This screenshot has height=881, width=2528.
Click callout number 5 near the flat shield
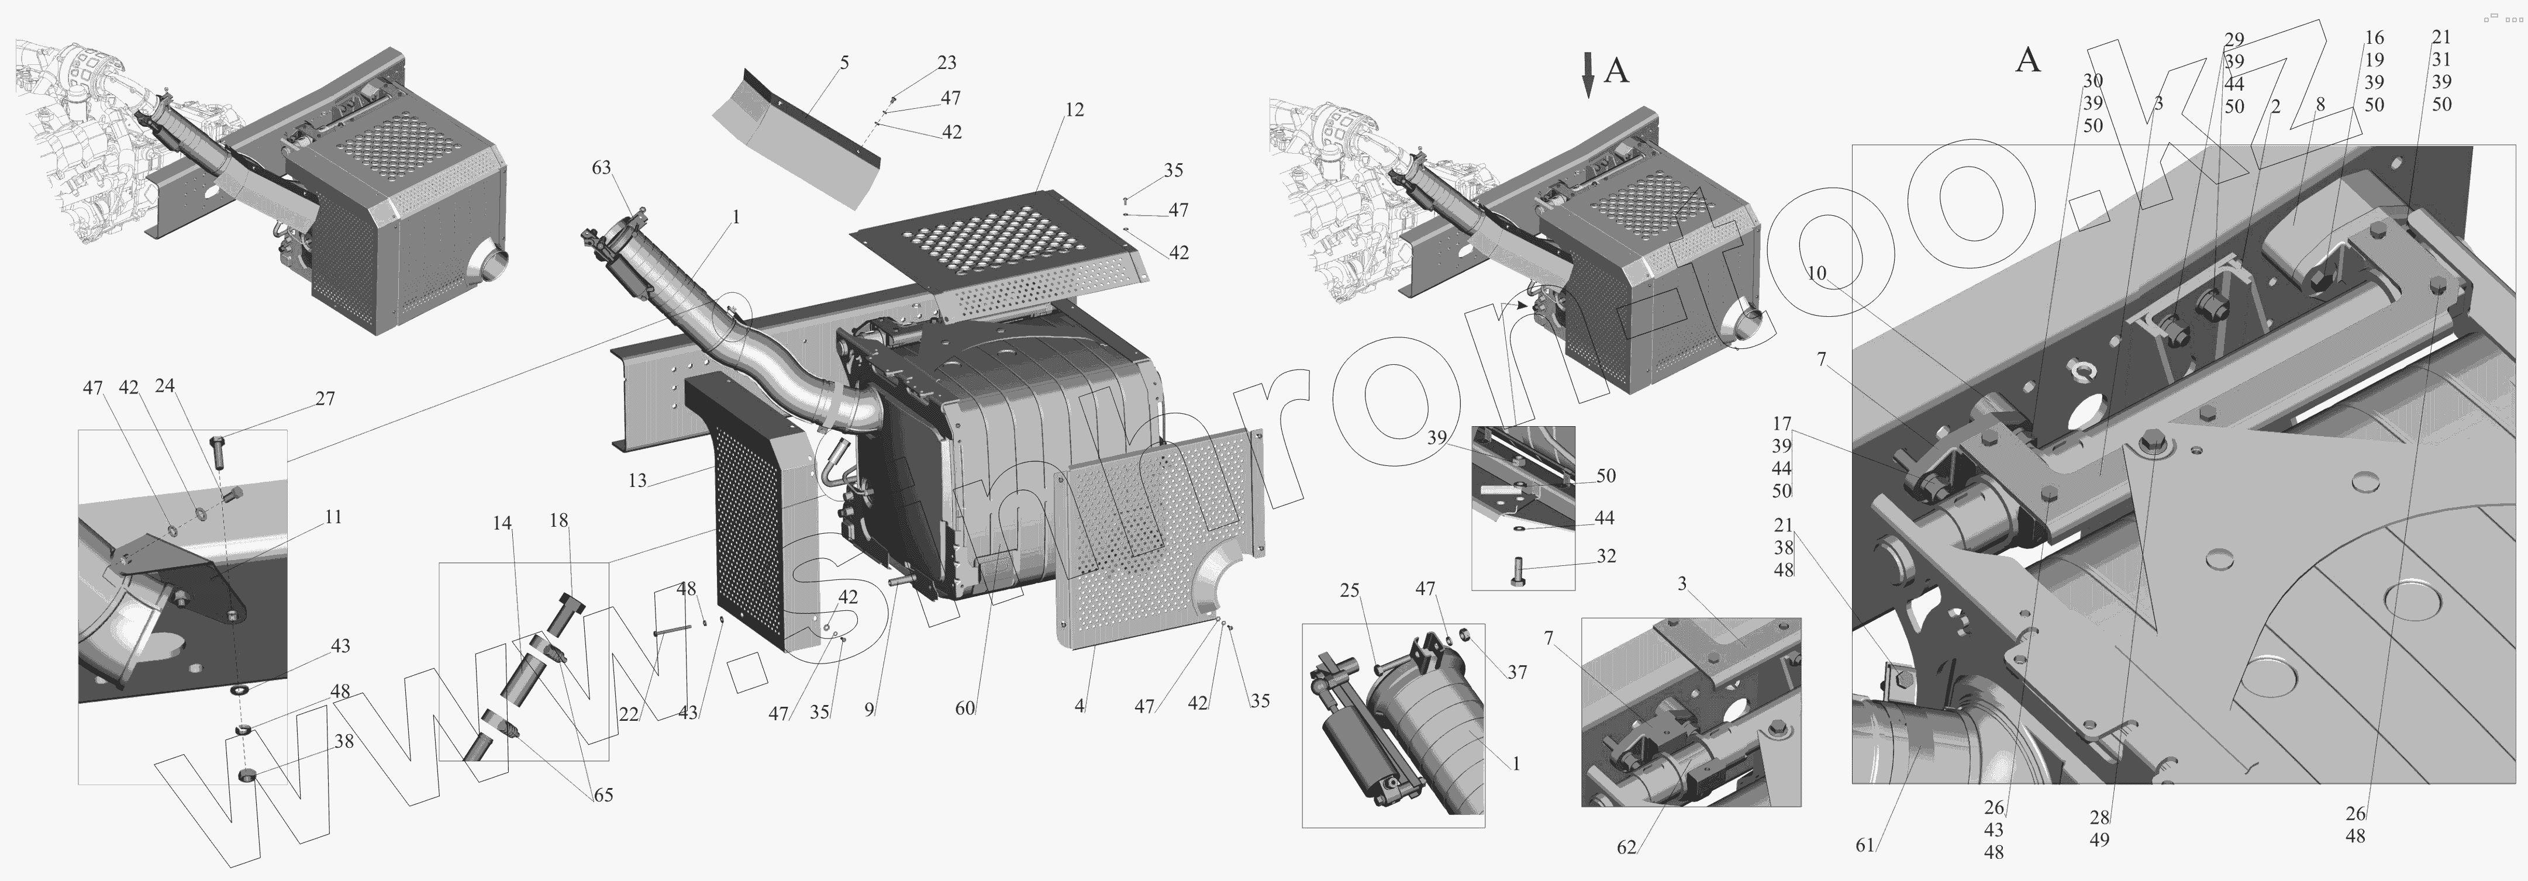click(844, 63)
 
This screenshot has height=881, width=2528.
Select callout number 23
click(946, 63)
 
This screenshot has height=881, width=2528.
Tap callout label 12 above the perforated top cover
click(1075, 110)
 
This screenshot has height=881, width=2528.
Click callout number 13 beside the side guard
click(638, 481)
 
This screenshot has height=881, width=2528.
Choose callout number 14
click(502, 524)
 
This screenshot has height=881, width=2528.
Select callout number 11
click(334, 517)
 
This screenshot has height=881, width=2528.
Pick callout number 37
click(1517, 672)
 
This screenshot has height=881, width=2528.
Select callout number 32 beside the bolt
click(1606, 557)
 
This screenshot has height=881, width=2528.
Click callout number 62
click(1626, 847)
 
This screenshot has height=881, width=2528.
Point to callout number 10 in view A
click(1816, 273)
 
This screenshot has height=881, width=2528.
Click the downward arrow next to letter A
click(1588, 75)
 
